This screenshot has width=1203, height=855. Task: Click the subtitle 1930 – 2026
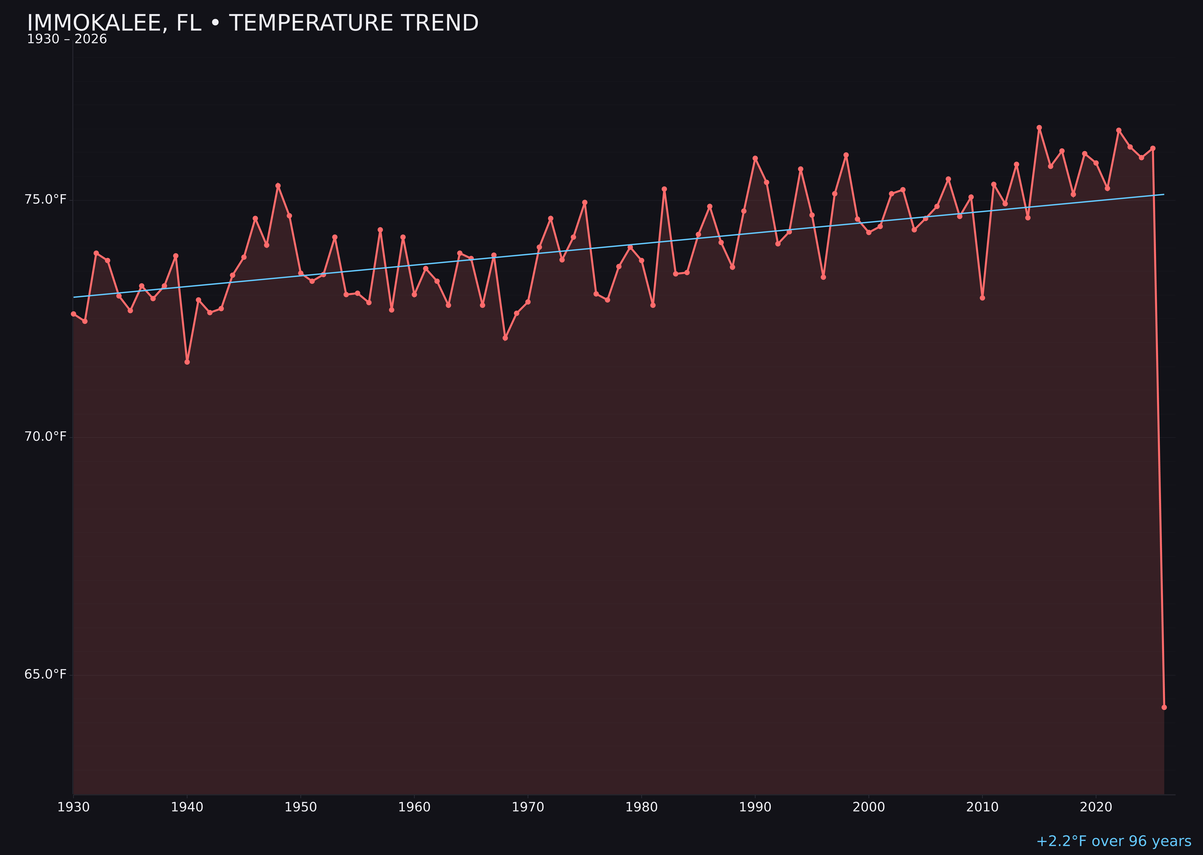[67, 39]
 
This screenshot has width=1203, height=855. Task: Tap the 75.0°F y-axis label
[45, 200]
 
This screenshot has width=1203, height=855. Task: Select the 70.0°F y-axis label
[45, 437]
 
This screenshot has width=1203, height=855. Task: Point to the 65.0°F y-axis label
[45, 674]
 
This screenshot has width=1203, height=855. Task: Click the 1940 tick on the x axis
[187, 807]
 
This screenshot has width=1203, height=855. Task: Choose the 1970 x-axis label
[528, 807]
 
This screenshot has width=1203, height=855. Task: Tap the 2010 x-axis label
[982, 807]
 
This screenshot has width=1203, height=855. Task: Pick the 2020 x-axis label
[1096, 807]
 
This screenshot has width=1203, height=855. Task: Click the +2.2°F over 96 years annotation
[1113, 841]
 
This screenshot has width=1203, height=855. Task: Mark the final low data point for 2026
[1164, 707]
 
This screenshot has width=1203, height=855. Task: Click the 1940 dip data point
[187, 362]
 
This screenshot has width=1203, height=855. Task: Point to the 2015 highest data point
[1039, 127]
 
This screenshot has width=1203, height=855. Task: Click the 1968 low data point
[505, 338]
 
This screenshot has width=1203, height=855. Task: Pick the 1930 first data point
[73, 314]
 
